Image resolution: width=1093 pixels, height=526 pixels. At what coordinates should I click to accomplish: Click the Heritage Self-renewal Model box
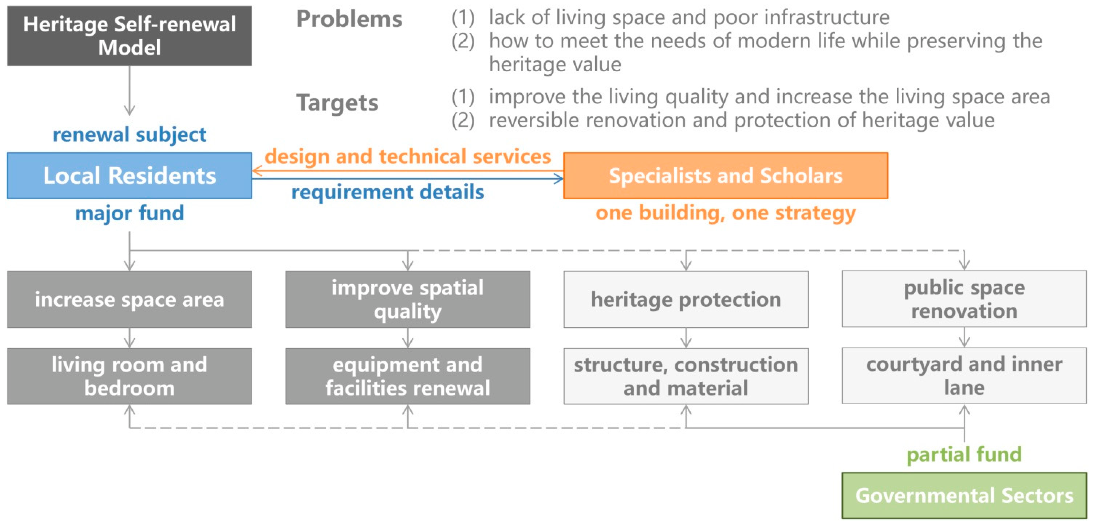click(x=129, y=36)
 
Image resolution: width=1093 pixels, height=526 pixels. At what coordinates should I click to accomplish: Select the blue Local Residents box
click(x=129, y=176)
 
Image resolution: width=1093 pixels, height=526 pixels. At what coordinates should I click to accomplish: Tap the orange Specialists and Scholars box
click(x=726, y=176)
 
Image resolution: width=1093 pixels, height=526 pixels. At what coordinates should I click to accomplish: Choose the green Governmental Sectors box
click(x=964, y=495)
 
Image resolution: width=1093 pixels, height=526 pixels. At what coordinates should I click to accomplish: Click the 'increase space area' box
click(x=129, y=299)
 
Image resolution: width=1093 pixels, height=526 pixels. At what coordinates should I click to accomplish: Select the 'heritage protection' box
click(x=686, y=299)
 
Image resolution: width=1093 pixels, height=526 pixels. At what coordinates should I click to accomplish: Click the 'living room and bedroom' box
click(x=129, y=376)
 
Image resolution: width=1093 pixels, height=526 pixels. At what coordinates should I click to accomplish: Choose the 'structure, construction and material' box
click(x=686, y=376)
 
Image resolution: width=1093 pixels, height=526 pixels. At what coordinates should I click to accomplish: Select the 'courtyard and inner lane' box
click(x=964, y=376)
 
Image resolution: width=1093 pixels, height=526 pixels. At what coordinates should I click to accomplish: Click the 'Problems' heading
click(x=349, y=19)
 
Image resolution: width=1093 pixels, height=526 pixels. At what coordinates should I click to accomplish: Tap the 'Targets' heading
click(x=337, y=103)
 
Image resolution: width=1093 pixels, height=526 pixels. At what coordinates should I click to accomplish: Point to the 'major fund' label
click(x=129, y=213)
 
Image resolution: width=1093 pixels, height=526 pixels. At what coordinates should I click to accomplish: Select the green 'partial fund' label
click(x=964, y=454)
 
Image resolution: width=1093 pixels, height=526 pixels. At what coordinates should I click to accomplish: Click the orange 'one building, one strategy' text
click(x=726, y=213)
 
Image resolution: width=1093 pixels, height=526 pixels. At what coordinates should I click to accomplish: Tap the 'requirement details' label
click(x=387, y=192)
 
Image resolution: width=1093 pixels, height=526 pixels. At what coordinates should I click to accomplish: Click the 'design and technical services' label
click(x=408, y=156)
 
